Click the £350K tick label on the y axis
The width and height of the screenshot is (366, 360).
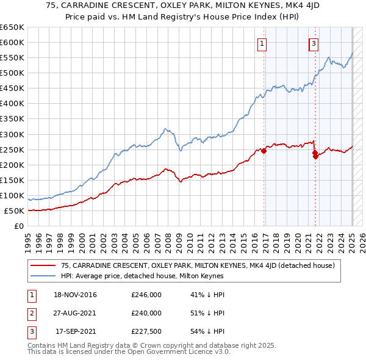pyautogui.click(x=12, y=119)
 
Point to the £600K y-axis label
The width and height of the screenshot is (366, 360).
pyautogui.click(x=12, y=42)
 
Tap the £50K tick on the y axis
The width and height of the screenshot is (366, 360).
pyautogui.click(x=14, y=211)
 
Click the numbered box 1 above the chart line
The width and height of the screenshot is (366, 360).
pyautogui.click(x=262, y=43)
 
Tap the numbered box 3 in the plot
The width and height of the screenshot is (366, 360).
pyautogui.click(x=314, y=43)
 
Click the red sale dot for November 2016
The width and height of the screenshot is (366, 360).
pyautogui.click(x=264, y=151)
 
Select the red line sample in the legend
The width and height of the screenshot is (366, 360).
pyautogui.click(x=42, y=265)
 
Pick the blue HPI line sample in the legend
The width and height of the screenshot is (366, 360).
pyautogui.click(x=42, y=276)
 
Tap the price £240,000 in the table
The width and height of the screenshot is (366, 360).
pyautogui.click(x=146, y=313)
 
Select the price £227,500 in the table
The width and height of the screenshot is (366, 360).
pyautogui.click(x=146, y=331)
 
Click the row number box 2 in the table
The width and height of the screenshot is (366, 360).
pyautogui.click(x=30, y=313)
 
